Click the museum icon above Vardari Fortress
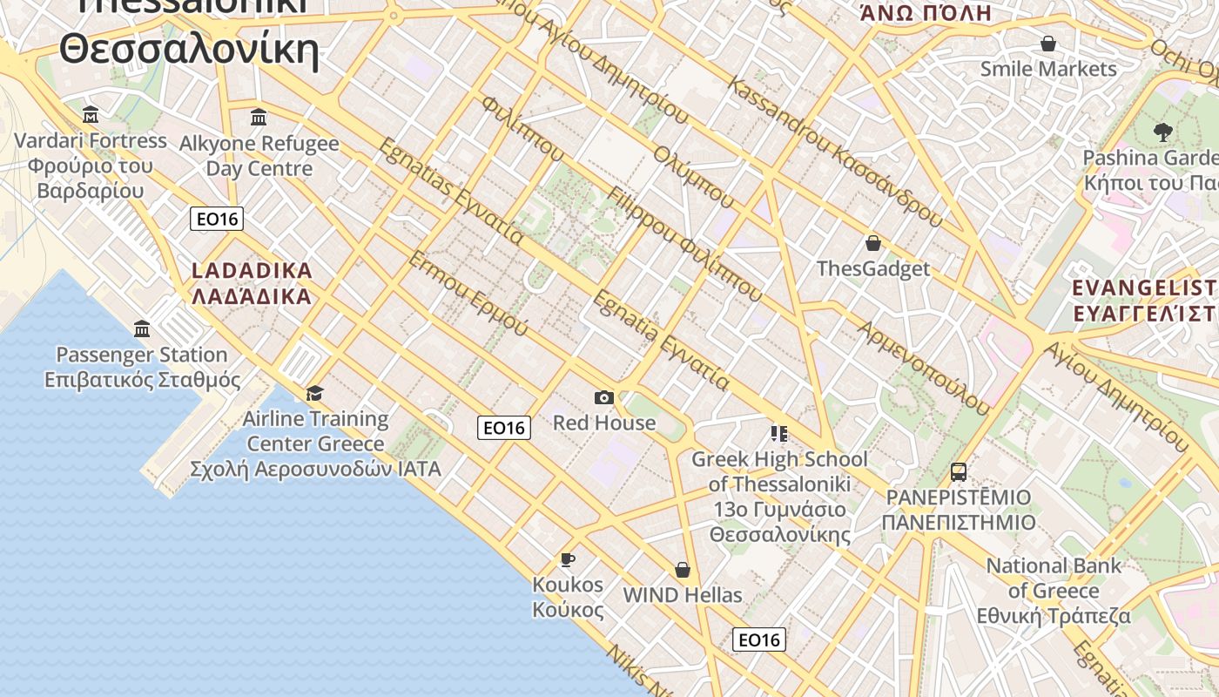point(91,114)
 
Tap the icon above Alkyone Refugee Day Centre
point(259,117)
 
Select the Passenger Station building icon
point(142,328)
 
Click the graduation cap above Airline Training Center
point(314,393)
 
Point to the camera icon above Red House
point(603,397)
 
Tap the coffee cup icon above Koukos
point(568,558)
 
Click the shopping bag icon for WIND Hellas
point(683,570)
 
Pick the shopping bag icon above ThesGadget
point(873,243)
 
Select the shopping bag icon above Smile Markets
point(1048,44)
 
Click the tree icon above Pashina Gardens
point(1162,132)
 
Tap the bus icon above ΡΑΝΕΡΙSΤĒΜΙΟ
point(959,472)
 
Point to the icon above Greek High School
point(778,433)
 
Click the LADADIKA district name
point(252,271)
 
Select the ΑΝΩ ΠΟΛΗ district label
point(926,13)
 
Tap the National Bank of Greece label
point(1054,591)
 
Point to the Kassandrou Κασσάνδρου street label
point(834,152)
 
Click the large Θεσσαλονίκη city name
point(189,49)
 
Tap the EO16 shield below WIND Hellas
point(758,639)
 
